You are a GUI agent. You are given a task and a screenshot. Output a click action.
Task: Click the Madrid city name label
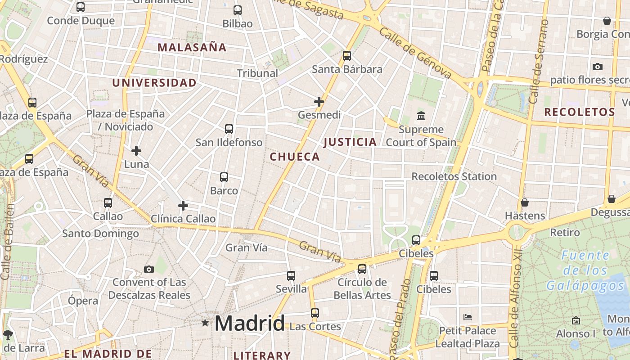(249, 323)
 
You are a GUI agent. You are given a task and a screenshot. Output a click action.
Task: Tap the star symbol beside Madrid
(205, 323)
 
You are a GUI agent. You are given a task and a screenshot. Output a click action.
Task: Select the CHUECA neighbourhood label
(295, 157)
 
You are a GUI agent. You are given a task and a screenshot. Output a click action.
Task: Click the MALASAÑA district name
(192, 47)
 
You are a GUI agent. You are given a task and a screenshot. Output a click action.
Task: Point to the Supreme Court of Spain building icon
(421, 116)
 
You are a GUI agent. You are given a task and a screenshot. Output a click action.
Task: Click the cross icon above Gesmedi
(319, 102)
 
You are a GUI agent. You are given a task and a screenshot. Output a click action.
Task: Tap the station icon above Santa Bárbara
(346, 56)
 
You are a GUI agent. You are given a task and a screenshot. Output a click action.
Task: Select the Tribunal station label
(257, 73)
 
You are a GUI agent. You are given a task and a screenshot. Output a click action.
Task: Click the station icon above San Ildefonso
(229, 129)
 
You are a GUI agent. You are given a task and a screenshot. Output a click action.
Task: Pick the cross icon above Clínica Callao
(183, 206)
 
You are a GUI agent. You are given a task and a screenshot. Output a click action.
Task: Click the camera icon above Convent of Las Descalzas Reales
(149, 269)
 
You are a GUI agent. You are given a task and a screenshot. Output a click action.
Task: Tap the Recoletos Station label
(454, 176)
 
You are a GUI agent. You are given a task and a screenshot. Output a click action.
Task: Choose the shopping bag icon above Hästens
(524, 202)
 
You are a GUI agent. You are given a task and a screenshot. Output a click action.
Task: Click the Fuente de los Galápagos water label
(585, 271)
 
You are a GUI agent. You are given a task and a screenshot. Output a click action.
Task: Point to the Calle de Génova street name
(414, 53)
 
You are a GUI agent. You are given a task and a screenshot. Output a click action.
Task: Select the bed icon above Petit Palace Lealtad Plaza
(468, 317)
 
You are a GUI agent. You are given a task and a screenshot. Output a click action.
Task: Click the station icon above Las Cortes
(315, 313)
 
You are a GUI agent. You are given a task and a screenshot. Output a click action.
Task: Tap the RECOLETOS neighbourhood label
(580, 112)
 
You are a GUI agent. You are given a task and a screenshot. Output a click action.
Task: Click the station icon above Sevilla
(291, 275)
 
